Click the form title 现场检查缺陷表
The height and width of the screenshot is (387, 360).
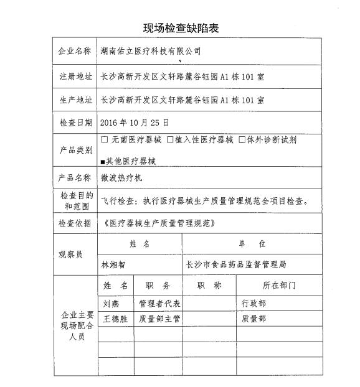click(181, 28)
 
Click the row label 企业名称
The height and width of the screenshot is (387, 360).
click(75, 50)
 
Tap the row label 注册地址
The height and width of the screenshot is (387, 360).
click(75, 75)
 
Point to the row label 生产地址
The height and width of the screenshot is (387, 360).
click(75, 100)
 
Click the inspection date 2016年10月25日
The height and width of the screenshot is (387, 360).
click(134, 123)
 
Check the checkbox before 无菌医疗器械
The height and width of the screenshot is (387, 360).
click(104, 140)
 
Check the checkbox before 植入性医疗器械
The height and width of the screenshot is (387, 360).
click(169, 140)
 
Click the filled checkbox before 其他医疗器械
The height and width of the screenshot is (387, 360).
click(103, 161)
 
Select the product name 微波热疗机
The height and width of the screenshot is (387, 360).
click(122, 178)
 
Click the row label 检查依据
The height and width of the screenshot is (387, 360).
click(75, 223)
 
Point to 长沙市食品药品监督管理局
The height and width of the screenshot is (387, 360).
click(236, 264)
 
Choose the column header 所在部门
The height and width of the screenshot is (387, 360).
click(280, 286)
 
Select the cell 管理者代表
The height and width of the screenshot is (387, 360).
click(159, 304)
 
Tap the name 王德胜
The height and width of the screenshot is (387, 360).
click(116, 319)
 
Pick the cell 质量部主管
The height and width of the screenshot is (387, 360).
click(159, 319)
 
